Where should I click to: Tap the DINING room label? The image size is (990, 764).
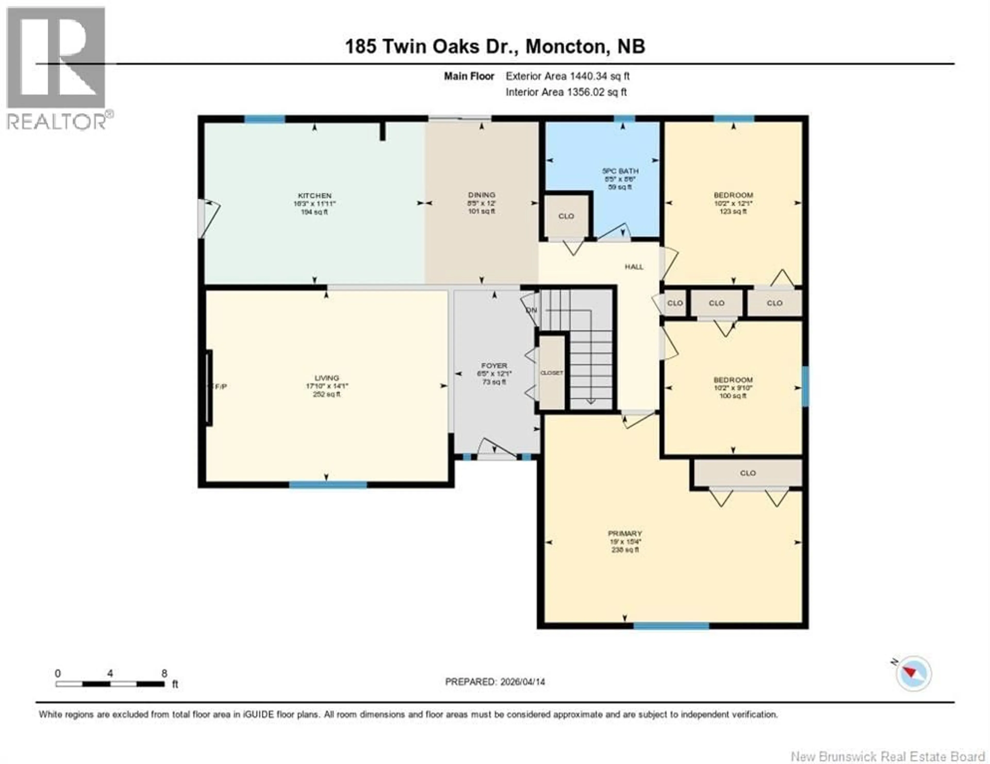481,195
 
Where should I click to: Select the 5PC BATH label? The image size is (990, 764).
620,171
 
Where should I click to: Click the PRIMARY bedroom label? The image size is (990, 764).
625,534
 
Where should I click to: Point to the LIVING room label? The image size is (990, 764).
326,378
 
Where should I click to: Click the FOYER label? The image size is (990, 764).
494,365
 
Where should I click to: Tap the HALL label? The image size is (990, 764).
634,267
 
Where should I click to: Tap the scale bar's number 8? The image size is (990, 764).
164,673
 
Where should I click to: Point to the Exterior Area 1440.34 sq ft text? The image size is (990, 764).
567,76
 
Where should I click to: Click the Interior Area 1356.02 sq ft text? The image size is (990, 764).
566,92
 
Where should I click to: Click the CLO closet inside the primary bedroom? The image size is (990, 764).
747,473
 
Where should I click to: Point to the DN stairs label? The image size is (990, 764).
531,310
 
